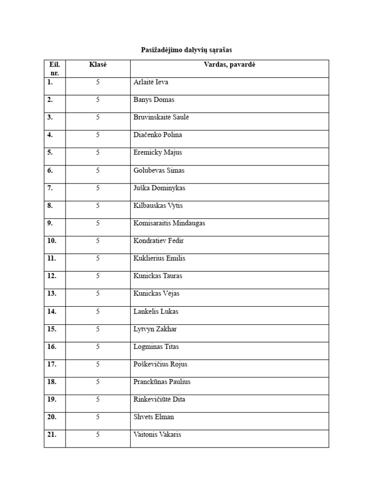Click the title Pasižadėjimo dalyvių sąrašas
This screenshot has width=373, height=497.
pyautogui.click(x=186, y=50)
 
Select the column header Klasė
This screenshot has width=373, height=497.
pyautogui.click(x=98, y=65)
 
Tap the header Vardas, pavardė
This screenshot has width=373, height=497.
pyautogui.click(x=229, y=65)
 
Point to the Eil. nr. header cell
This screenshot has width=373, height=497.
pyautogui.click(x=54, y=68)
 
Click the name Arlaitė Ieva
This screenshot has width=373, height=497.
pyautogui.click(x=151, y=82)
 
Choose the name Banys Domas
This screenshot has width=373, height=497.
pyautogui.click(x=153, y=99)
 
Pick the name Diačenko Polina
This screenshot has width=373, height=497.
pyautogui.click(x=158, y=135)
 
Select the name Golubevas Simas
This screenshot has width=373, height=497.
pyautogui.click(x=159, y=170)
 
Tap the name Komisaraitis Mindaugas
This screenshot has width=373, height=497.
pyautogui.click(x=169, y=223)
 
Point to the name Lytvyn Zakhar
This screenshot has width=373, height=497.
pyautogui.click(x=155, y=329)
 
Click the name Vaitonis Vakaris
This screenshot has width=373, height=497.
pyautogui.click(x=157, y=434)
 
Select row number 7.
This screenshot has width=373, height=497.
pyautogui.click(x=50, y=188)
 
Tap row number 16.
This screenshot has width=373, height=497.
pyautogui.click(x=51, y=347)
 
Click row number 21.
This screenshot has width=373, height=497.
pyautogui.click(x=51, y=434)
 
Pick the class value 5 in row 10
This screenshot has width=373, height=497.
pyautogui.click(x=98, y=241)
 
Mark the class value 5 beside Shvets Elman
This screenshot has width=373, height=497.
pyautogui.click(x=98, y=417)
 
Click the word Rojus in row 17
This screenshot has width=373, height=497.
pyautogui.click(x=179, y=364)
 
